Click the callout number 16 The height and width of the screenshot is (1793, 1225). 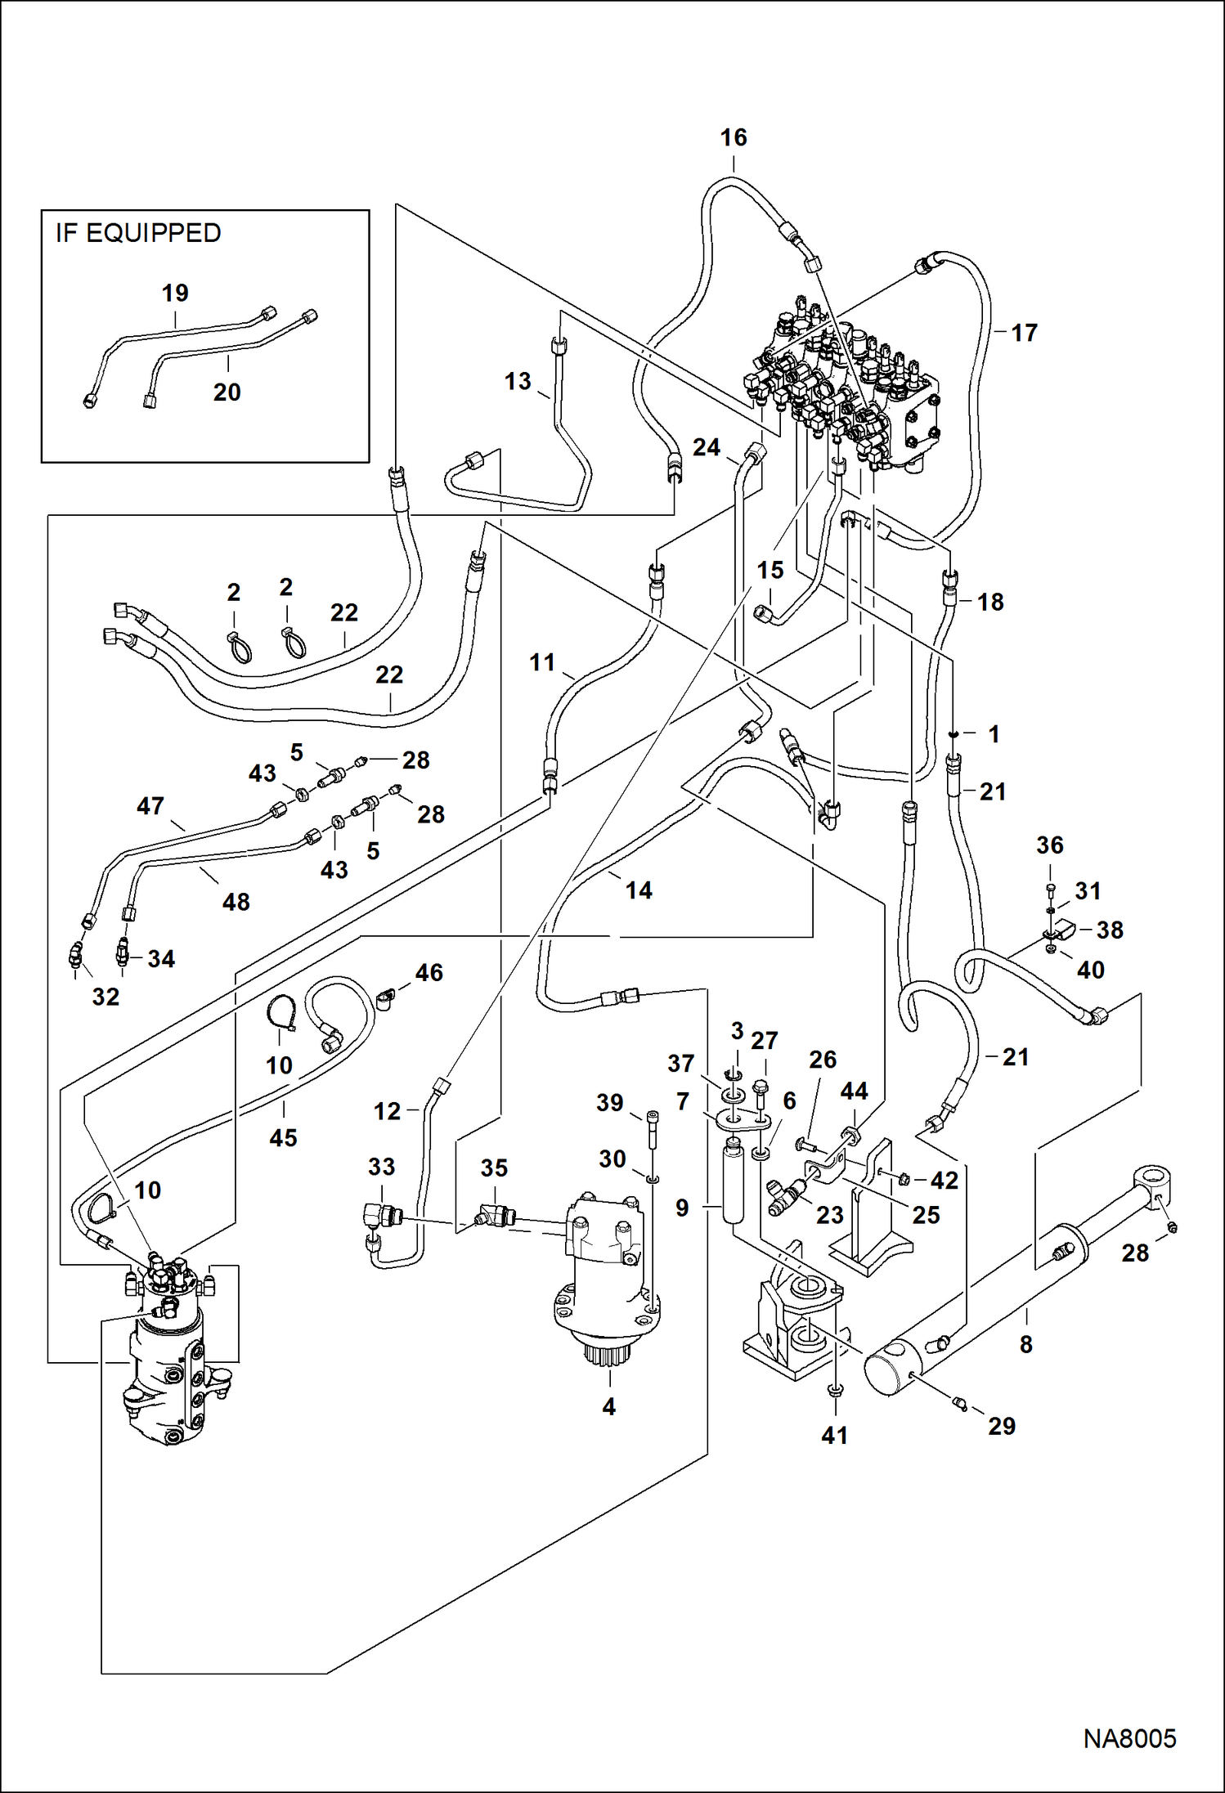[x=733, y=137]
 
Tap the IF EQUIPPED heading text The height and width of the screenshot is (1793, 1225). [x=138, y=233]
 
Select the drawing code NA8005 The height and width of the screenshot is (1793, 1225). [x=1129, y=1738]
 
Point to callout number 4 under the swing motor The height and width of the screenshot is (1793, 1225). [x=608, y=1406]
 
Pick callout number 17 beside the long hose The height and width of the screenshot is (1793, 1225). [x=1024, y=333]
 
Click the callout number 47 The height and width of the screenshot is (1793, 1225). [x=150, y=806]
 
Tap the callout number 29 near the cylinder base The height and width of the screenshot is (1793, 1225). [x=1002, y=1426]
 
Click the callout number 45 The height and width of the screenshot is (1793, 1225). [x=283, y=1137]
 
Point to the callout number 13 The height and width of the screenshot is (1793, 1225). [x=518, y=381]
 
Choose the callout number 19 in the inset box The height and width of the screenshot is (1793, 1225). [x=175, y=293]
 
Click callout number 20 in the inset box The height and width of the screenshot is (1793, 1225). [x=227, y=392]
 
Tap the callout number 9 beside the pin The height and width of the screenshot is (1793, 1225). [x=682, y=1208]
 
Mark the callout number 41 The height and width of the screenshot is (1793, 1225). [x=834, y=1435]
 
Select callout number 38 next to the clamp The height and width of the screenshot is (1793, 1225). [x=1110, y=930]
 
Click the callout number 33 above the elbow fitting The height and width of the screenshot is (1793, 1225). [x=381, y=1167]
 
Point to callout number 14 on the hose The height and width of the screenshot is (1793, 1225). [x=639, y=890]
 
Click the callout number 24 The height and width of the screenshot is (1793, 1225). [x=707, y=447]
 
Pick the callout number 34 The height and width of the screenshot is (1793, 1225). [x=161, y=958]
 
